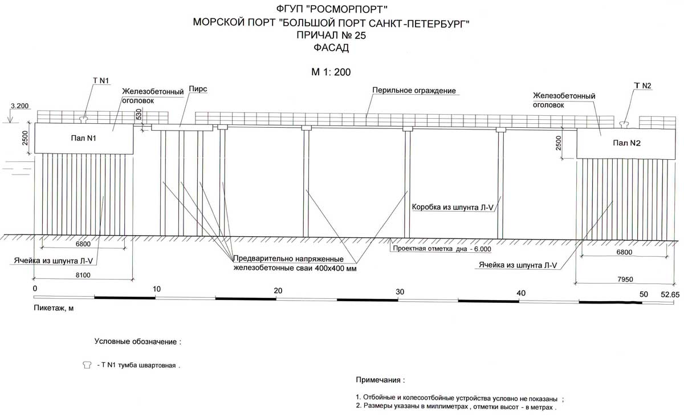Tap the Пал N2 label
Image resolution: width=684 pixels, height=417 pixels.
coord(627,143)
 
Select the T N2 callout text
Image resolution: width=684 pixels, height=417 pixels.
coord(642,86)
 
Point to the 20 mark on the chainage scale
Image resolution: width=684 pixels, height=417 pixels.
coord(278,290)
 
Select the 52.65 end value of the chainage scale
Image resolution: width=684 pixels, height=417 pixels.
coord(670,294)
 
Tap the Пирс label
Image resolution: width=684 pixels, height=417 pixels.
coord(198,90)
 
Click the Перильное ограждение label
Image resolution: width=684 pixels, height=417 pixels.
coord(415,91)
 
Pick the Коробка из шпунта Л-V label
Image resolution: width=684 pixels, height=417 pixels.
coord(452,207)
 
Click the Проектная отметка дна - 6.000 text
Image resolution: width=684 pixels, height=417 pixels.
coord(441,249)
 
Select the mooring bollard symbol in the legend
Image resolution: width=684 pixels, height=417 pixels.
coord(87,364)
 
